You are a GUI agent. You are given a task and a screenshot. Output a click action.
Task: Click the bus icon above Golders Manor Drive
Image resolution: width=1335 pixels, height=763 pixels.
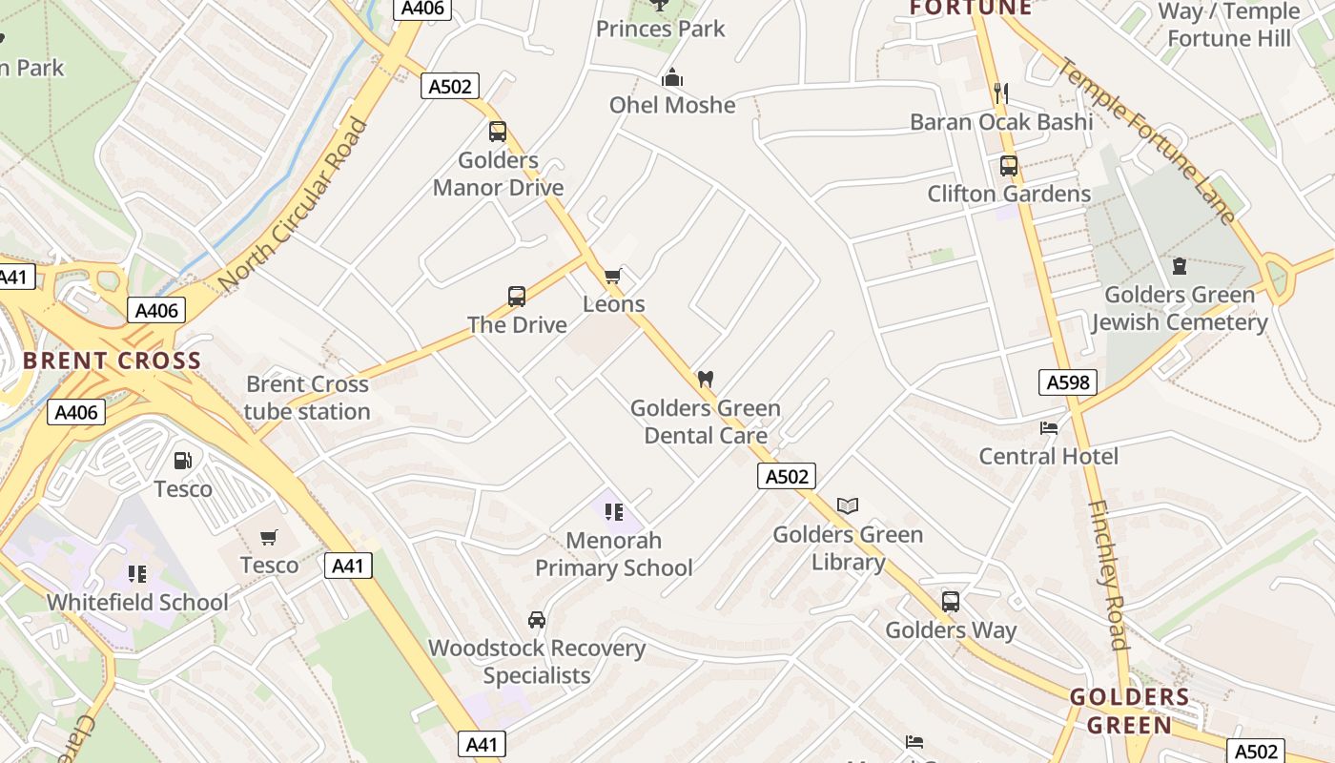[x=497, y=132]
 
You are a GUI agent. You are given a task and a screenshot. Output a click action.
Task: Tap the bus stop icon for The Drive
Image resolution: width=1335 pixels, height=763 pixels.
[x=517, y=296]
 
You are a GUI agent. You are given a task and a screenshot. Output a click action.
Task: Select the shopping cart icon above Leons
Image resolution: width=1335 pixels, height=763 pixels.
[x=613, y=277]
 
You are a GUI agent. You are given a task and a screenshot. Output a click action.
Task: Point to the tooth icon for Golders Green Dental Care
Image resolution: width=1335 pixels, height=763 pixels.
[x=706, y=379]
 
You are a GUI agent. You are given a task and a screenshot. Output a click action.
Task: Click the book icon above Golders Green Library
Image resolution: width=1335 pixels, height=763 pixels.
[x=848, y=505]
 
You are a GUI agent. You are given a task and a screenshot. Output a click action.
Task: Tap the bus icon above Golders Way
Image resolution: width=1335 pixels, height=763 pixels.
[x=951, y=602]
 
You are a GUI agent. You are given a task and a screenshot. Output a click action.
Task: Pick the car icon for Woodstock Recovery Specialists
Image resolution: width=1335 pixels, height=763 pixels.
[x=537, y=620]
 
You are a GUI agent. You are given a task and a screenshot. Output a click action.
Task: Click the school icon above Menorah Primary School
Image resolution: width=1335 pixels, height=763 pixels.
[x=613, y=512]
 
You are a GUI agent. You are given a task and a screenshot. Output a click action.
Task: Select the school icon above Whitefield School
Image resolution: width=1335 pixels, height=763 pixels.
[x=137, y=574]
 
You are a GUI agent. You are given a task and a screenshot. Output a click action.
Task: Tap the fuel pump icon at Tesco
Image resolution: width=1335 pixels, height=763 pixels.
[x=182, y=461]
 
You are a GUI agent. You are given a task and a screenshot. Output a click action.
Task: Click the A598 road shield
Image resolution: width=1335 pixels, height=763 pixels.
[x=1068, y=383]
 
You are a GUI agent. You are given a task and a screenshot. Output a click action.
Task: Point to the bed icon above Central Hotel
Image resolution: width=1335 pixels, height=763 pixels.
[x=1049, y=428]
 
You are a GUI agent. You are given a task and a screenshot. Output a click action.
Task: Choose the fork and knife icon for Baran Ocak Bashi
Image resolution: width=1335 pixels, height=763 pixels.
[x=1000, y=93]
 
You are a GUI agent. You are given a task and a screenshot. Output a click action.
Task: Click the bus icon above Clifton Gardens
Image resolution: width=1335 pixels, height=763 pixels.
[x=1009, y=166]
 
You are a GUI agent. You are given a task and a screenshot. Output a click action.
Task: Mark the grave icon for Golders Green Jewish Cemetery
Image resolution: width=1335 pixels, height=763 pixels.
[x=1180, y=266]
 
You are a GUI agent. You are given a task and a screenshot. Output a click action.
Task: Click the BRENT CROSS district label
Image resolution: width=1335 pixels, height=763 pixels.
[x=112, y=361]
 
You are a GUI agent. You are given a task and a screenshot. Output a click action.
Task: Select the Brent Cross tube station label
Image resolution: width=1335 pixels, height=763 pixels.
[x=307, y=398]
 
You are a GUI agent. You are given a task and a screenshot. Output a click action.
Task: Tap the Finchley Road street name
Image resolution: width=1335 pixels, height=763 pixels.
[x=1109, y=575]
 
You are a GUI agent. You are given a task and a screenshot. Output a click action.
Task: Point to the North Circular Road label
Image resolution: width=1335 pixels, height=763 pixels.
[x=293, y=205]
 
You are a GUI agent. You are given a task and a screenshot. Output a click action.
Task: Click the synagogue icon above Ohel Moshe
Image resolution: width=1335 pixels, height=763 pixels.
[x=672, y=76]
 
